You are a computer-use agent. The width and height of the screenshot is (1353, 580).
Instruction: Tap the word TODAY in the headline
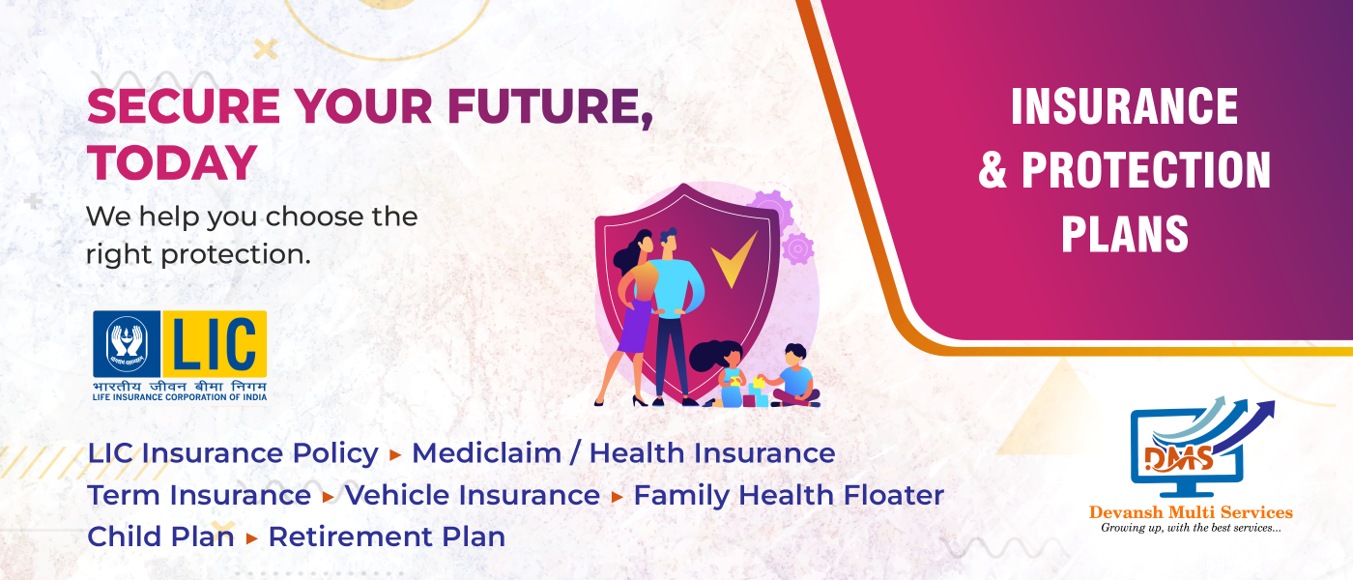pyautogui.click(x=172, y=163)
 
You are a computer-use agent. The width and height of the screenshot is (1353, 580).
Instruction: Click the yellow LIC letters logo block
pyautogui.click(x=215, y=344)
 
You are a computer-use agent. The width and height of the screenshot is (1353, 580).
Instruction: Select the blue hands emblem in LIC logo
pyautogui.click(x=127, y=344)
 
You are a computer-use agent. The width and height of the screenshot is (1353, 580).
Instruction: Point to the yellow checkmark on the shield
pyautogui.click(x=734, y=260)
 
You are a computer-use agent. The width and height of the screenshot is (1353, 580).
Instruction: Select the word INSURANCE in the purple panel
pyautogui.click(x=1125, y=106)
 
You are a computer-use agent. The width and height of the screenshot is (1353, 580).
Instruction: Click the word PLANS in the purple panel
pyautogui.click(x=1125, y=234)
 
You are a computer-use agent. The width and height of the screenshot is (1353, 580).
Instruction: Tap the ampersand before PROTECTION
pyautogui.click(x=993, y=170)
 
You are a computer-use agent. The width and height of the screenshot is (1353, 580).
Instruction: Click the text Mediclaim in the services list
pyautogui.click(x=486, y=453)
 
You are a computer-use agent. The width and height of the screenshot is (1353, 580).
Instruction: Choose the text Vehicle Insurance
pyautogui.click(x=473, y=495)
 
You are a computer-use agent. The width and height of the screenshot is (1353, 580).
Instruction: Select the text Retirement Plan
pyautogui.click(x=387, y=537)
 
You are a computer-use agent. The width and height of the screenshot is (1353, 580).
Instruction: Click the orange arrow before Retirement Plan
pyautogui.click(x=252, y=538)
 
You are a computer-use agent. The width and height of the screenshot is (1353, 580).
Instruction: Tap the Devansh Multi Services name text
pyautogui.click(x=1191, y=512)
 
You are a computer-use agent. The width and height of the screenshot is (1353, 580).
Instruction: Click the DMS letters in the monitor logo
pyautogui.click(x=1178, y=459)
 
